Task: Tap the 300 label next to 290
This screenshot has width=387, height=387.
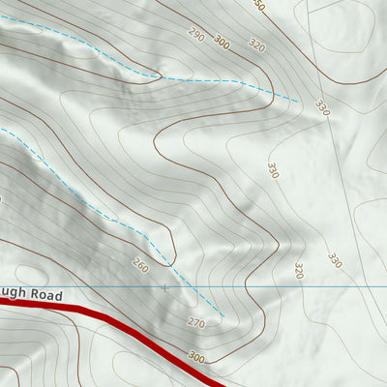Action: click(x=223, y=42)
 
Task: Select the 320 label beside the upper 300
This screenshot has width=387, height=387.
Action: click(x=256, y=45)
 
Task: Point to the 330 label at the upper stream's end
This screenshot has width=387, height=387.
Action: click(x=322, y=107)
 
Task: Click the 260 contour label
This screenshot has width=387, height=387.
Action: click(x=141, y=265)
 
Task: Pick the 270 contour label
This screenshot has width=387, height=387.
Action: click(x=196, y=322)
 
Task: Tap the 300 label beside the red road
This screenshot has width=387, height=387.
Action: click(x=197, y=356)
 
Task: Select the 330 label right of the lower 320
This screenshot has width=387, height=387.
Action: click(x=334, y=260)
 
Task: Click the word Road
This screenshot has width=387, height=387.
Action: click(x=45, y=294)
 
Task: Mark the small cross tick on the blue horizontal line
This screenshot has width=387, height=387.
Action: click(x=164, y=287)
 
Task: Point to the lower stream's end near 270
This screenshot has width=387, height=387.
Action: click(x=223, y=315)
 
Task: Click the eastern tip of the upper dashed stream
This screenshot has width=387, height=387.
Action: click(x=298, y=100)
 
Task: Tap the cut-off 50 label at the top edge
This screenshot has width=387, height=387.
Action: click(x=258, y=5)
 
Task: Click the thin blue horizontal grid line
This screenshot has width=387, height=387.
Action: click(x=290, y=287)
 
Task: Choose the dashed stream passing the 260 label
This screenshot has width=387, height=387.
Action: click(x=116, y=218)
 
